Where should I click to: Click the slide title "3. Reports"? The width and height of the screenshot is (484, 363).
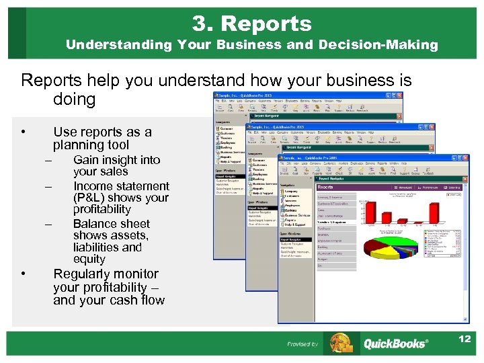tap(251, 24)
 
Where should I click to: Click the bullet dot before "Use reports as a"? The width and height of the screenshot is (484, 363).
tap(24, 132)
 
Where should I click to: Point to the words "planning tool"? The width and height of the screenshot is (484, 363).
tap(91, 145)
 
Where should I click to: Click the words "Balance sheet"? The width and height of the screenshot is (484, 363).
tap(112, 224)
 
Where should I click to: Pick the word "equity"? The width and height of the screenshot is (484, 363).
tap(89, 259)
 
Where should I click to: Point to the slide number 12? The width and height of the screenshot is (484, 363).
tap(464, 339)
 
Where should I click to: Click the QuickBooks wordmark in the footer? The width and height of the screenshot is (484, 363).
tap(395, 344)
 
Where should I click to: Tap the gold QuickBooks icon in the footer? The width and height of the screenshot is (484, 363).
tap(340, 344)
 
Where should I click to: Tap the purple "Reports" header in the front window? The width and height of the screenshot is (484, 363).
tap(326, 188)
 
